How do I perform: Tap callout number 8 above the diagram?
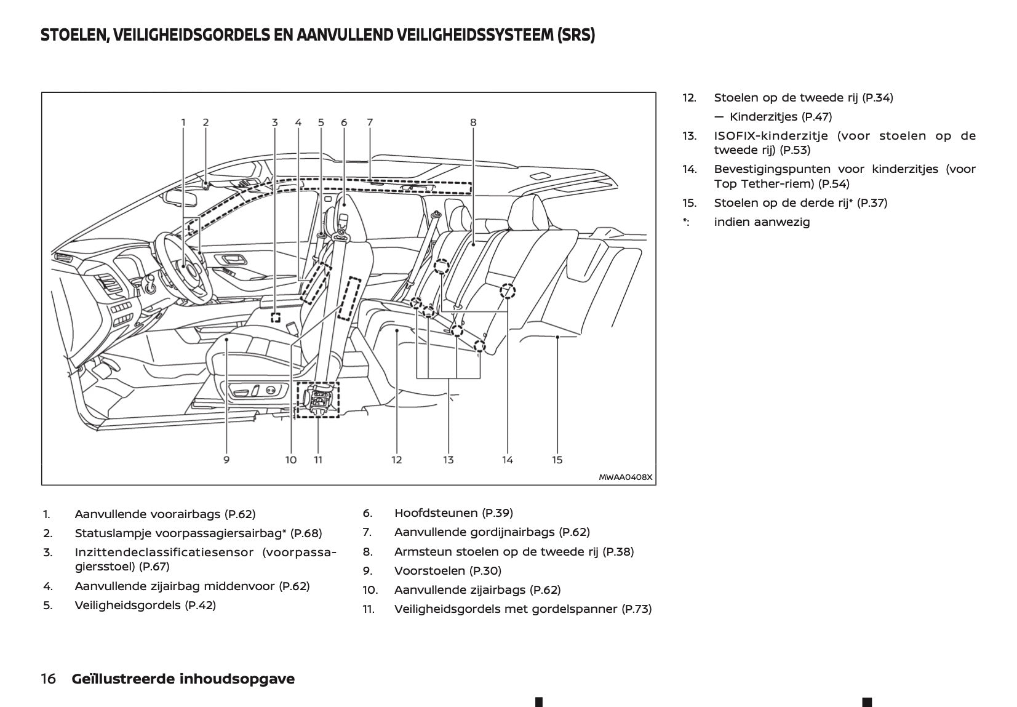pos(473,122)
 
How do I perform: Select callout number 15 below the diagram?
pos(557,460)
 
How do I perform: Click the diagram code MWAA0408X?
pos(625,477)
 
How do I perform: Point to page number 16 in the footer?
pos(48,679)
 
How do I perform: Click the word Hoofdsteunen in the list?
pos(436,513)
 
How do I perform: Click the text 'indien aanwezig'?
pos(762,222)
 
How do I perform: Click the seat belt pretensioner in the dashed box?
pos(317,400)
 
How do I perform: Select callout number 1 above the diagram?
pos(183,122)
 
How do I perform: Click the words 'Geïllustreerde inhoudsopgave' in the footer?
pos(183,679)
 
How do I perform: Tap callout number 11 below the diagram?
pos(318,460)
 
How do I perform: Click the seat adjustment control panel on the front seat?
pos(252,391)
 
